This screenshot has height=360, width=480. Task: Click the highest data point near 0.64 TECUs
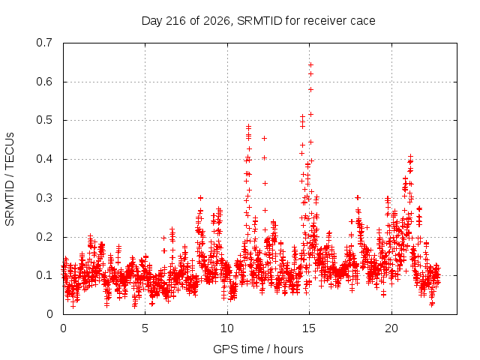(310, 65)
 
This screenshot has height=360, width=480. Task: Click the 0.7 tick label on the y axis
(44, 43)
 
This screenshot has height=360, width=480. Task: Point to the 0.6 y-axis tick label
(44, 82)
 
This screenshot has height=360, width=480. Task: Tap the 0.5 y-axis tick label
(44, 120)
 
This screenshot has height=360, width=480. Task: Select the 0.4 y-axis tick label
(44, 159)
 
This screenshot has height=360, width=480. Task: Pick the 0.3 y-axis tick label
(44, 198)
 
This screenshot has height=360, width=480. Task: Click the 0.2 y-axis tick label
(44, 237)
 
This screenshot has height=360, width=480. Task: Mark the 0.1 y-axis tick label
(44, 275)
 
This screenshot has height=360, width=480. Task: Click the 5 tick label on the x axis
(145, 328)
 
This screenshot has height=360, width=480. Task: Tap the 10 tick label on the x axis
(227, 328)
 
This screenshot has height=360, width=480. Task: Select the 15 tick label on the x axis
(309, 328)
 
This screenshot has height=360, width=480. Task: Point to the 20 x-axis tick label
(391, 328)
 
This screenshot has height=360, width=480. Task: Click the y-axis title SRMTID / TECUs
(10, 179)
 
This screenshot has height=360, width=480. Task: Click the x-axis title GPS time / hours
(258, 349)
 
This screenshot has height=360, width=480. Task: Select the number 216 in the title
(175, 21)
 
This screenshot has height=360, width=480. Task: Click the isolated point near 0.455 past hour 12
(264, 138)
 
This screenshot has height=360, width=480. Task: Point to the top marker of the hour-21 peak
(410, 157)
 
